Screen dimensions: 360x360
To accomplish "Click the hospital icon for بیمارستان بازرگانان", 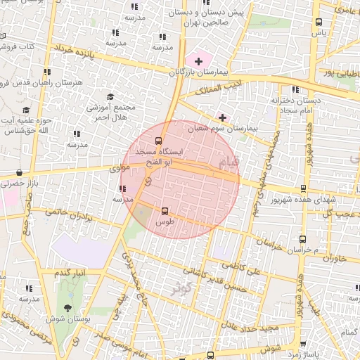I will click(x=198, y=61).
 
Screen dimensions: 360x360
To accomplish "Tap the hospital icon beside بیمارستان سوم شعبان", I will click(x=223, y=117).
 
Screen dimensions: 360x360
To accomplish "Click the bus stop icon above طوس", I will click(x=165, y=210).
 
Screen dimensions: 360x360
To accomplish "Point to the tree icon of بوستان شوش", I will click(x=67, y=307).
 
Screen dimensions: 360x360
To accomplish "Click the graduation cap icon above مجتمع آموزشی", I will click(x=110, y=96).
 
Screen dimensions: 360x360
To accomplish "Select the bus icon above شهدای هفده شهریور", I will click(x=303, y=188).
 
